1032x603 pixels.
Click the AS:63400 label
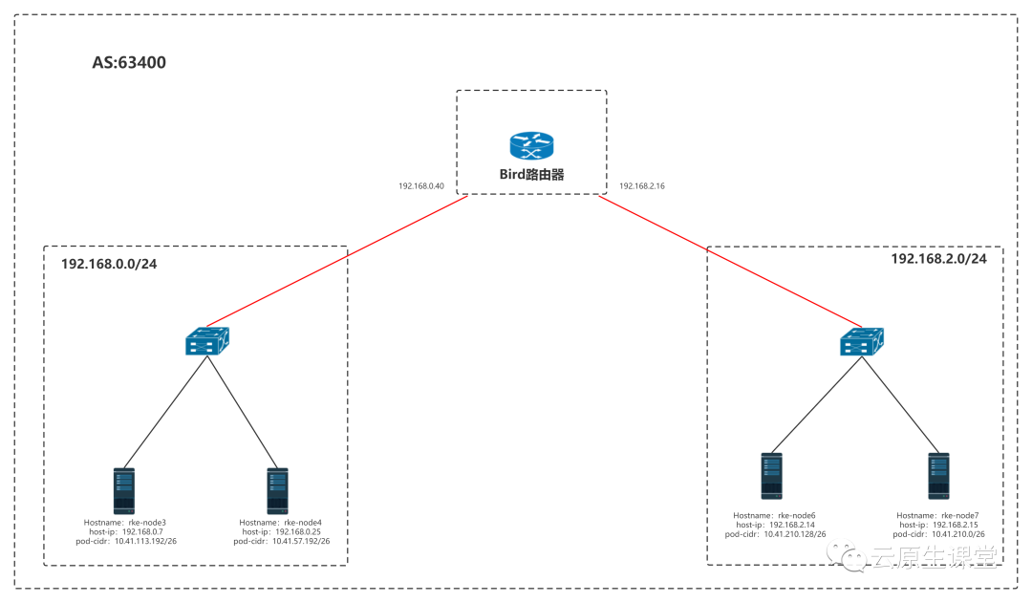pyautogui.click(x=129, y=62)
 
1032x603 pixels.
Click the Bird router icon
pyautogui.click(x=532, y=145)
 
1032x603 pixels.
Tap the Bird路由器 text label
pyautogui.click(x=532, y=175)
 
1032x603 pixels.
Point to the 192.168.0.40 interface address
pyautogui.click(x=421, y=186)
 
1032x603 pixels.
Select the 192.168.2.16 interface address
pyautogui.click(x=642, y=186)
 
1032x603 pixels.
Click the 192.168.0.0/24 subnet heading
pyautogui.click(x=109, y=264)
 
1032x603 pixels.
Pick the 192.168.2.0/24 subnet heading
pyautogui.click(x=938, y=259)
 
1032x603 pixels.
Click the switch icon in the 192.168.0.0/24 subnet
pyautogui.click(x=207, y=341)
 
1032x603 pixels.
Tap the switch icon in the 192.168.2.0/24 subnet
pyautogui.click(x=862, y=341)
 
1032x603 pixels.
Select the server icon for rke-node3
pyautogui.click(x=123, y=490)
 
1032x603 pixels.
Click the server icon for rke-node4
pyautogui.click(x=277, y=490)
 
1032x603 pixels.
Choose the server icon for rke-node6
pyautogui.click(x=771, y=476)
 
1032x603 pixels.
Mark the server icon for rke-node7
pyautogui.click(x=938, y=476)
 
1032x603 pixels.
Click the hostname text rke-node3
pyautogui.click(x=147, y=523)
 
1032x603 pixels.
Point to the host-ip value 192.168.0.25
pyautogui.click(x=298, y=532)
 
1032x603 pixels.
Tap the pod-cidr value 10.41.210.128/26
pyautogui.click(x=794, y=534)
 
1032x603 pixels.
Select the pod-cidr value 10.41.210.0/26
pyautogui.click(x=957, y=534)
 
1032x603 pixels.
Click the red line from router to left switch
pyautogui.click(x=337, y=261)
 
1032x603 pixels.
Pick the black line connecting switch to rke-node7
pyautogui.click(x=900, y=405)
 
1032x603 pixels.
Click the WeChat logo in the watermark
pyautogui.click(x=847, y=555)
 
